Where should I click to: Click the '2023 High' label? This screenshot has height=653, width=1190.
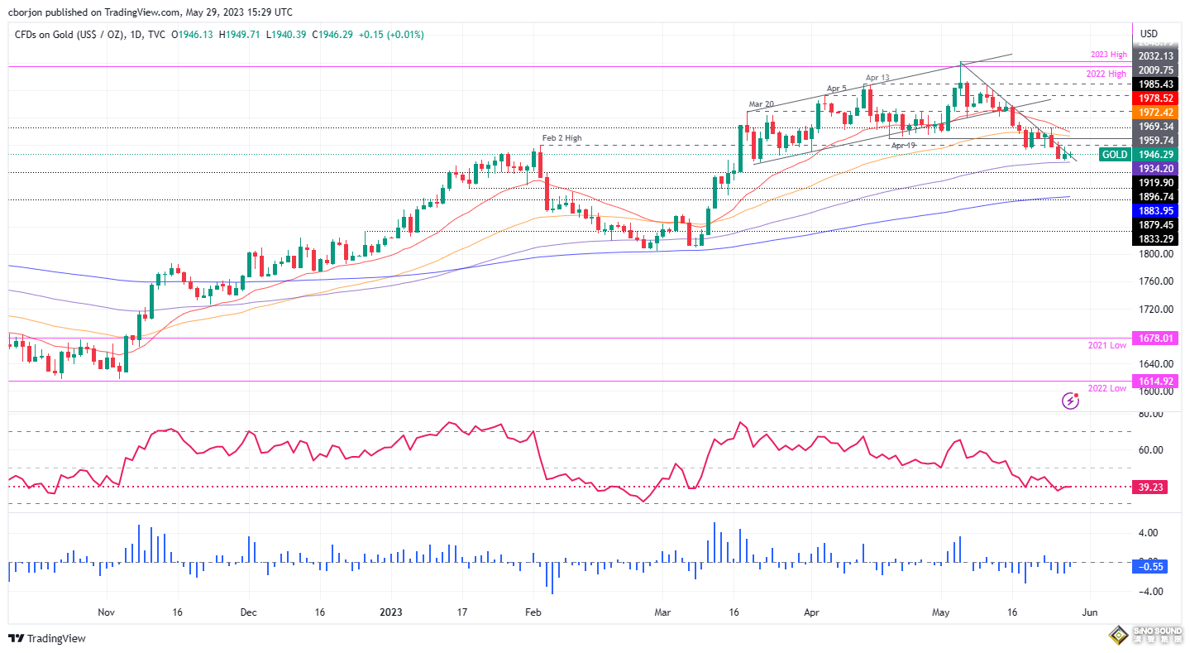(x=1107, y=55)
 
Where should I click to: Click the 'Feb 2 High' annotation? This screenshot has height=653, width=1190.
(x=561, y=137)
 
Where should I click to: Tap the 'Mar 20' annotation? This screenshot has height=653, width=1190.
(x=761, y=104)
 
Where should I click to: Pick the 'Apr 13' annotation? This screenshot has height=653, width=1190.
(x=877, y=78)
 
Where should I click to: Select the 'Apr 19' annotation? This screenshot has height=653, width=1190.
(x=904, y=145)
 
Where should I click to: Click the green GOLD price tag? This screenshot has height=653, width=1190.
(x=1113, y=155)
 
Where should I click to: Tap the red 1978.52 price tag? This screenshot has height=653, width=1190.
(x=1156, y=98)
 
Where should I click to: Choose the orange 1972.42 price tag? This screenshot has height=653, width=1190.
(x=1156, y=112)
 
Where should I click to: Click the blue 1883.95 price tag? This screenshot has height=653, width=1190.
(x=1156, y=210)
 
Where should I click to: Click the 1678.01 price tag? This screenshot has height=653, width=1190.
(x=1156, y=338)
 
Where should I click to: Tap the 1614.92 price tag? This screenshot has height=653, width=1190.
(x=1156, y=382)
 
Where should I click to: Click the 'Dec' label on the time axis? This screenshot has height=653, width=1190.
(x=249, y=613)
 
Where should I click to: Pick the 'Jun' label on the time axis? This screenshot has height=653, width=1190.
(x=1089, y=613)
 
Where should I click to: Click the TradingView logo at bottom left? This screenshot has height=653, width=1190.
(x=47, y=638)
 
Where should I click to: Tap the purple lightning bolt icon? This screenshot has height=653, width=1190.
(x=1070, y=401)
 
